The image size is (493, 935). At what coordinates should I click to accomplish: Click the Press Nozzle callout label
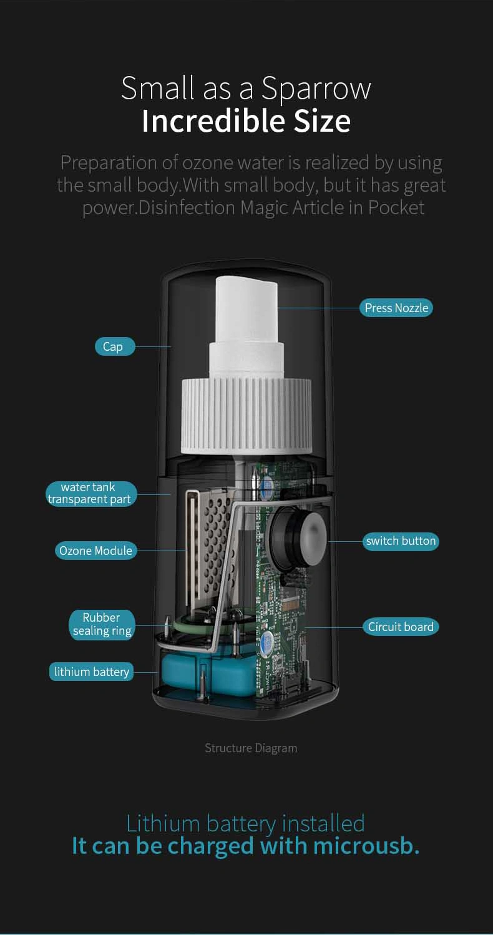pos(396,308)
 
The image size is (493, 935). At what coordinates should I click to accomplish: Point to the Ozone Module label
pos(95,551)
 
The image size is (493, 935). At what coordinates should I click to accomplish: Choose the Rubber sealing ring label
pos(102,624)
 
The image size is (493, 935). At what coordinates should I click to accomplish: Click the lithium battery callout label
pos(91,672)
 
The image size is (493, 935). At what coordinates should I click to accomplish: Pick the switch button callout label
pos(401,541)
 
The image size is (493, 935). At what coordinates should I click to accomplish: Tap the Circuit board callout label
pos(401,627)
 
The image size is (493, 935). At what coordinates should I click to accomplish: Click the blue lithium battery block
pos(208,673)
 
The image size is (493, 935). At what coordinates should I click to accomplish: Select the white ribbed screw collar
pos(246,416)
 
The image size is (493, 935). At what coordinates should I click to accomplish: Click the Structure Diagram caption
pos(251,748)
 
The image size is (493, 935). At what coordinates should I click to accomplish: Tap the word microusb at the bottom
pos(366,846)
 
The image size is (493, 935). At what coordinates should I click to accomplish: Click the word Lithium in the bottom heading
pos(163,824)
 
